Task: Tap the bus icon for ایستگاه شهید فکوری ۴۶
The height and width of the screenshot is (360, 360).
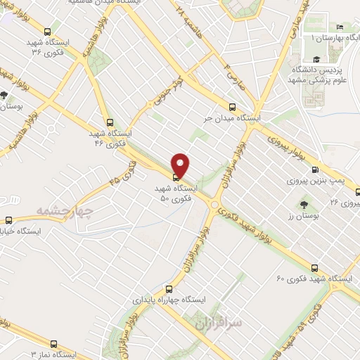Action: pyautogui.click(x=108, y=122)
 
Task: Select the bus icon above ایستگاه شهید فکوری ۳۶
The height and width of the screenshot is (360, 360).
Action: pyautogui.click(x=47, y=31)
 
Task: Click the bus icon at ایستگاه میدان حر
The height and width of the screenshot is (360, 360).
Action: pyautogui.click(x=236, y=106)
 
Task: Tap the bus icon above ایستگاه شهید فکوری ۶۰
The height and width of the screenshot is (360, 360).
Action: pyautogui.click(x=314, y=267)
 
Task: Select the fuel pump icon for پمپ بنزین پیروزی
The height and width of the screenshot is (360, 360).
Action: pyautogui.click(x=314, y=169)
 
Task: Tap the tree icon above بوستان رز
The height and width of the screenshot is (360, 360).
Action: pyautogui.click(x=303, y=205)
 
